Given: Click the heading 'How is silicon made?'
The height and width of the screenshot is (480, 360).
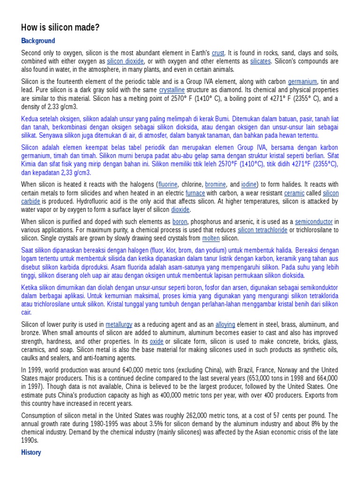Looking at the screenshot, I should click(x=60, y=28).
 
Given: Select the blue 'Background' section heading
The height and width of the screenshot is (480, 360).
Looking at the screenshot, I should click(x=38, y=41).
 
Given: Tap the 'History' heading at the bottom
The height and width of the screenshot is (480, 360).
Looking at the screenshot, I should click(x=31, y=452).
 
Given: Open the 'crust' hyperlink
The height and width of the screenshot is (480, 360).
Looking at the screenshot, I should click(x=218, y=53).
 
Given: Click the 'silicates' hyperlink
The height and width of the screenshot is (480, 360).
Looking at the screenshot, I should click(x=260, y=61).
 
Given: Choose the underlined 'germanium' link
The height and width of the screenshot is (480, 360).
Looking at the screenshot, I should click(x=302, y=82).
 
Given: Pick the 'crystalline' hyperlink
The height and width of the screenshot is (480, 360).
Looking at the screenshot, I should click(x=172, y=90).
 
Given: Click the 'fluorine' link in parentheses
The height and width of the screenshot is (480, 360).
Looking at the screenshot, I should click(x=168, y=185).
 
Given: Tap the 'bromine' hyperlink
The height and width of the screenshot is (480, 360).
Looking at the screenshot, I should click(x=216, y=185).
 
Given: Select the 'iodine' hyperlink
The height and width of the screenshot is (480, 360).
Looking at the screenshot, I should click(x=248, y=185).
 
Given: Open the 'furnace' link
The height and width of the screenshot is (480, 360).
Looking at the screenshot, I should click(x=195, y=193).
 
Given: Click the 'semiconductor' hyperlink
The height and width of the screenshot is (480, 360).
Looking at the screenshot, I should click(x=314, y=221).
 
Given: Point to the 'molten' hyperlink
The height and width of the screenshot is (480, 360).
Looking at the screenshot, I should click(x=211, y=238).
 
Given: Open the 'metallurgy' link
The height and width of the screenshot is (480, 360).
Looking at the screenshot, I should click(x=119, y=324).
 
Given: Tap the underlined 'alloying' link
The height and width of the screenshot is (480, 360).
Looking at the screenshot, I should click(x=225, y=324).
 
